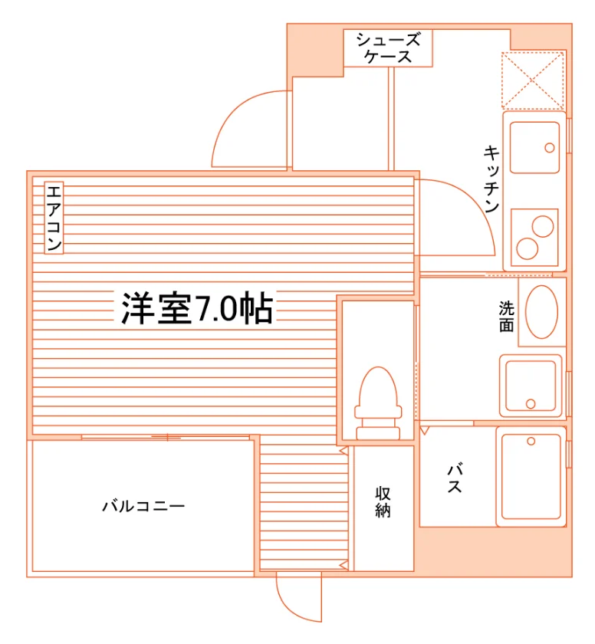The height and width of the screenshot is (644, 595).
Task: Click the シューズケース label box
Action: click(388, 48)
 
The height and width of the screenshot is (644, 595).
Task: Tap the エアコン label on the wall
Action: click(54, 218)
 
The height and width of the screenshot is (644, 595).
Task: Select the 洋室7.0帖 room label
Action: click(197, 308)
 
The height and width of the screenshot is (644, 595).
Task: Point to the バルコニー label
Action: click(143, 505)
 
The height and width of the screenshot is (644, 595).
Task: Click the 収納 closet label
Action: click(383, 502)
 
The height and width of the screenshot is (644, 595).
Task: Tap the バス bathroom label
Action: click(455, 478)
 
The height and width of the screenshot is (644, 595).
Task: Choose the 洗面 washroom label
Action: click(506, 316)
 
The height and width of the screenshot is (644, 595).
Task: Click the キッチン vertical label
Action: click(491, 179)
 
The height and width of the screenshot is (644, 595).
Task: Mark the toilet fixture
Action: click(378, 403)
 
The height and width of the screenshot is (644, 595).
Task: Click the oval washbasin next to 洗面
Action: click(541, 312)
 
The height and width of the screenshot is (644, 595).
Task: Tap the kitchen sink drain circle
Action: click(550, 148)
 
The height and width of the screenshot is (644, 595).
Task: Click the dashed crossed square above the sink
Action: click(533, 80)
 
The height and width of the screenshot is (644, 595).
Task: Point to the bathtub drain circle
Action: click(531, 442)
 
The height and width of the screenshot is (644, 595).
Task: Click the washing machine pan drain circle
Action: click(531, 404)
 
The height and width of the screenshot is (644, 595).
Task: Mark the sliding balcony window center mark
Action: click(167, 437)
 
